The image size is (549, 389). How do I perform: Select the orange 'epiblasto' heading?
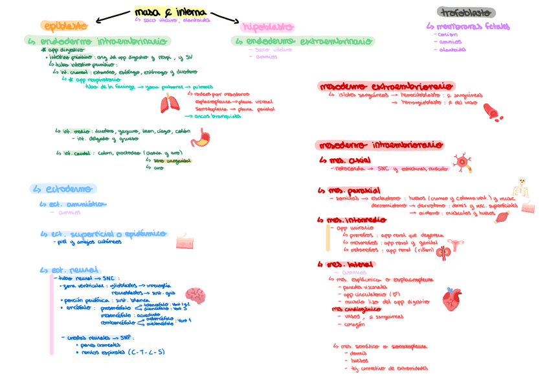63,26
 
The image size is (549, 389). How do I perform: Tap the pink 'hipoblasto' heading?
267,27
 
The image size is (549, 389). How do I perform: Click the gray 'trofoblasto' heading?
466,12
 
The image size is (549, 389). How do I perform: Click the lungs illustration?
172,103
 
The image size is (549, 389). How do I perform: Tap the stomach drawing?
204,137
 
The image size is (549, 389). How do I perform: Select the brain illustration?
196,296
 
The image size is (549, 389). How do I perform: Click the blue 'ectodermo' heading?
63,189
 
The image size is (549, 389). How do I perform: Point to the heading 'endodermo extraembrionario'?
303,41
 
